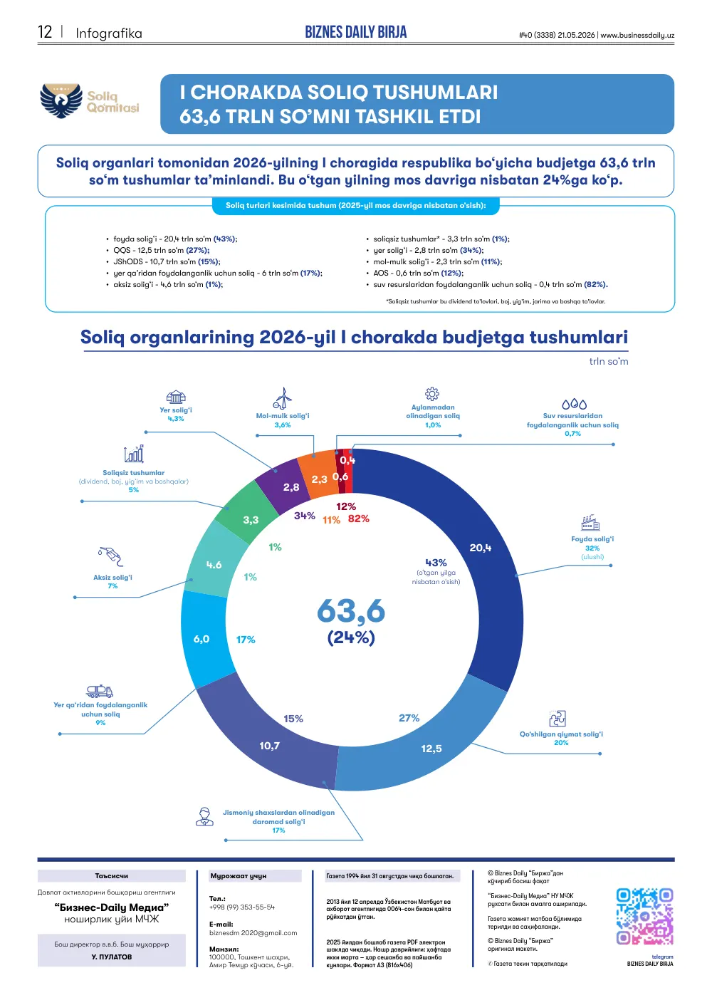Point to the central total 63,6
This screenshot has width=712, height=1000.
[351, 610]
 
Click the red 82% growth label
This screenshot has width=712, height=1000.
[358, 519]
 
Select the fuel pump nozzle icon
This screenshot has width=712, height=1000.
[110, 556]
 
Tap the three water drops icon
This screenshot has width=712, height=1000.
[574, 404]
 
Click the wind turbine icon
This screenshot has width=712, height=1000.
[283, 397]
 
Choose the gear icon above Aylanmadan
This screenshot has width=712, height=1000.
[432, 393]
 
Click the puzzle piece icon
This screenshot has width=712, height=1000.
[557, 718]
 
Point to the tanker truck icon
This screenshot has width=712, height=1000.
[100, 691]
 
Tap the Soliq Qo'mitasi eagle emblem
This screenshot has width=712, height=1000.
[61, 100]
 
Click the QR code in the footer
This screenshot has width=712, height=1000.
[644, 917]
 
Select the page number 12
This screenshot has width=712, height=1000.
[45, 32]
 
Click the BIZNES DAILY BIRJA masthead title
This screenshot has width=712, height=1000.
[356, 32]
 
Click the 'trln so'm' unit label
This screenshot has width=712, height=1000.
[609, 361]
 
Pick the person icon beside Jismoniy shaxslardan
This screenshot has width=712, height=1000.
[204, 816]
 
